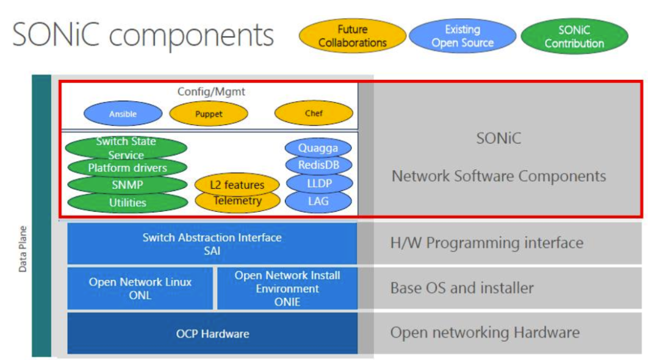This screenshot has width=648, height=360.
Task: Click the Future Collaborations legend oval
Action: (353, 36)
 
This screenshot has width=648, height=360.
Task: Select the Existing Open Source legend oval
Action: (462, 36)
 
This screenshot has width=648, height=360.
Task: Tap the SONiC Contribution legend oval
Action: (574, 36)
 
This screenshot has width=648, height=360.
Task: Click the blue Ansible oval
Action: (123, 113)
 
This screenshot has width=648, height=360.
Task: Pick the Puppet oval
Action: (209, 113)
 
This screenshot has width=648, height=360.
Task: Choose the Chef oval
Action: (314, 113)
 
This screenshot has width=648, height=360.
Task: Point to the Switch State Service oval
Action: (126, 147)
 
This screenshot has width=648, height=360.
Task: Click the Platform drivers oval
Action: (127, 167)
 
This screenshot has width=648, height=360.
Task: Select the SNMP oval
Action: (127, 185)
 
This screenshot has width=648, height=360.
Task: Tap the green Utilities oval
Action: (128, 203)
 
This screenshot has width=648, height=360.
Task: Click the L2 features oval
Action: (237, 184)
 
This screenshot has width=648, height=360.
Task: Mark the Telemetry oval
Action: (237, 201)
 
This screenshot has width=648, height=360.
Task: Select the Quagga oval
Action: (319, 148)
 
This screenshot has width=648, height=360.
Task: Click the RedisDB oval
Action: (319, 165)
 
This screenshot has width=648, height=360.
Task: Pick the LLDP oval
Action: (319, 183)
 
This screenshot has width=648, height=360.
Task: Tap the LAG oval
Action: (319, 201)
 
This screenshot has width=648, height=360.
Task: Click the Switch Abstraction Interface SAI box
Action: (212, 243)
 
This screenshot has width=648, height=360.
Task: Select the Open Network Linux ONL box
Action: (140, 288)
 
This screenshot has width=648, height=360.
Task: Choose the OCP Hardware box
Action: (212, 334)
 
